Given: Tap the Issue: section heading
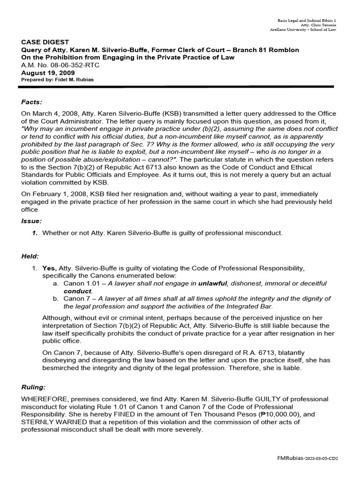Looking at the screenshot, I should click(31, 220).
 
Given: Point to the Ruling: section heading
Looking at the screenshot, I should click(33, 388).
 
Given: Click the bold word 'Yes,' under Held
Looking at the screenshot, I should click(49, 268).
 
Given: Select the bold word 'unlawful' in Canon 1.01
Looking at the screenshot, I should click(212, 284).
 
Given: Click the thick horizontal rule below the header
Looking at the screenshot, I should click(177, 86).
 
